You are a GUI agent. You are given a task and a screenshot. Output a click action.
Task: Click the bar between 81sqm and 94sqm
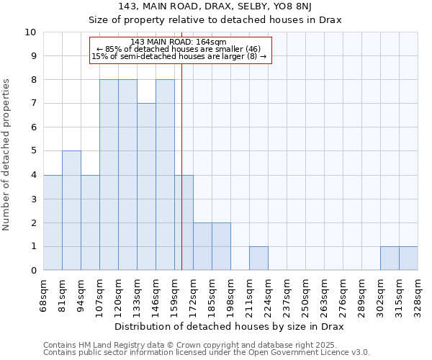click(x=71, y=210)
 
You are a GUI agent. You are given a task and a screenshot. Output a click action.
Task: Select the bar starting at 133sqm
click(x=146, y=186)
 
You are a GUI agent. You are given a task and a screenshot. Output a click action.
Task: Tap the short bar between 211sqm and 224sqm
click(x=258, y=258)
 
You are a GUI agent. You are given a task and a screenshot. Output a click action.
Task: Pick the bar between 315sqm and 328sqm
click(x=408, y=258)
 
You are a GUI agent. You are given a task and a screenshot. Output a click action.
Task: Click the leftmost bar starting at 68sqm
click(x=53, y=222)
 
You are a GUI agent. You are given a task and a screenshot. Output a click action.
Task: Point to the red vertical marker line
click(x=181, y=166)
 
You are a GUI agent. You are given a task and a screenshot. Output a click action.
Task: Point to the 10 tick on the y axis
click(x=30, y=32)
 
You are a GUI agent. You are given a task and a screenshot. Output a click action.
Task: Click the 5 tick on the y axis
click(x=32, y=151)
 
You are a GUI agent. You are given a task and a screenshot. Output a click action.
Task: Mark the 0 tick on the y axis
click(x=32, y=270)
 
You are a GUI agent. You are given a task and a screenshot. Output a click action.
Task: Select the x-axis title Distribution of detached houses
click(x=230, y=327)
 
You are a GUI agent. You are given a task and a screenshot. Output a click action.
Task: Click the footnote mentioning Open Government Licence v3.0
click(x=207, y=353)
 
